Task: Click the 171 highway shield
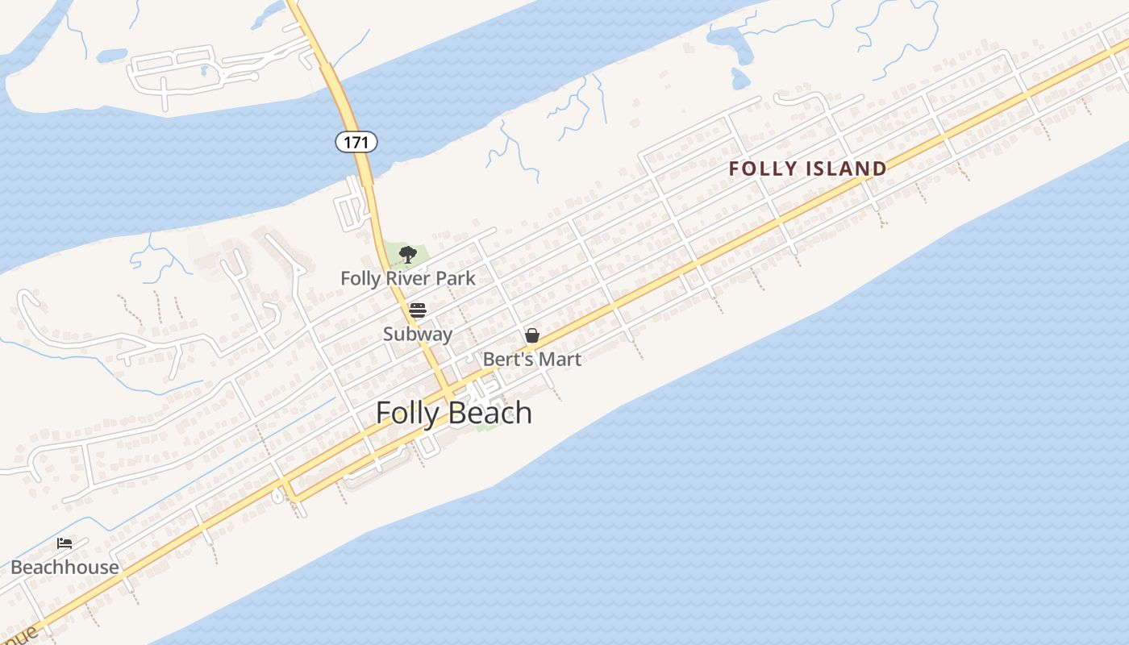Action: click(x=356, y=143)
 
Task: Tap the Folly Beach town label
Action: click(x=454, y=413)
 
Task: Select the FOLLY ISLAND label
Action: click(x=807, y=169)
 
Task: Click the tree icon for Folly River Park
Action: click(x=408, y=255)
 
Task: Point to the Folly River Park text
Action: click(x=408, y=279)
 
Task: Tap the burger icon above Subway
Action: click(x=417, y=310)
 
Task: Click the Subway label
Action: click(x=418, y=334)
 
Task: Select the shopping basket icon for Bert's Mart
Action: click(x=532, y=335)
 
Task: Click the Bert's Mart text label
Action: click(x=532, y=360)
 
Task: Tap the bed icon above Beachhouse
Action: click(x=65, y=543)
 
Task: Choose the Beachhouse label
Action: click(x=65, y=568)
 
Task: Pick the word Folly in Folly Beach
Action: click(x=408, y=413)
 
